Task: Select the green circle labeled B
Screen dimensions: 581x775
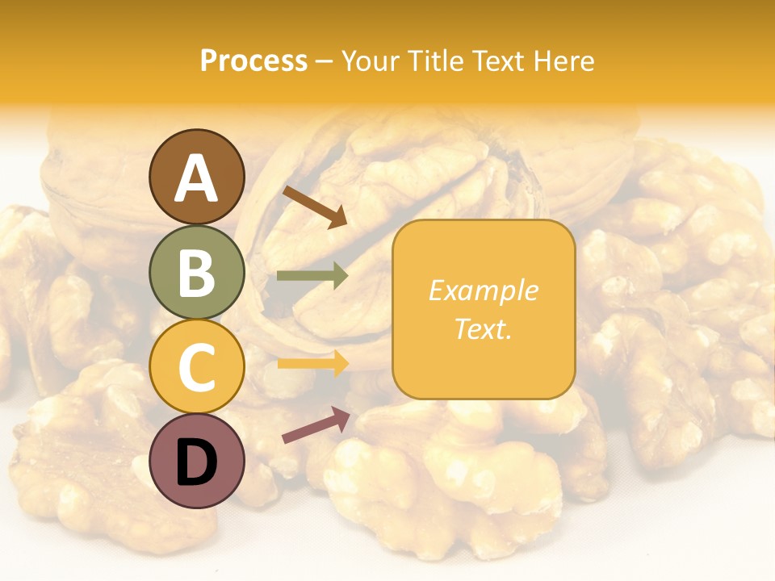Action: coord(197,272)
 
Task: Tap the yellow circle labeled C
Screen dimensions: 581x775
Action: coord(197,366)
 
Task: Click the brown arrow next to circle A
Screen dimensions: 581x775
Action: coord(315,207)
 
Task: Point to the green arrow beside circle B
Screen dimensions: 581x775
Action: coord(312,276)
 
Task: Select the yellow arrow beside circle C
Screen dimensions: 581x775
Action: coord(312,363)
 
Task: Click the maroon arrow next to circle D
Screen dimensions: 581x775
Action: coord(316,424)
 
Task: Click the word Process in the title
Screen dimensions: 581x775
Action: coord(253,61)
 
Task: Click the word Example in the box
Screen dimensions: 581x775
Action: coord(483,290)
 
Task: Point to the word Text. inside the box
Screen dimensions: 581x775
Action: coord(483,328)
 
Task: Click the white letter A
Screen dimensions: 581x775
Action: coord(197,178)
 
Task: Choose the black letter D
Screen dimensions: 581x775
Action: coord(197,462)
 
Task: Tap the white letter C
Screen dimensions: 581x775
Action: coord(197,366)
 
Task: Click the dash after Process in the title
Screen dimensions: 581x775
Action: coord(325,61)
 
